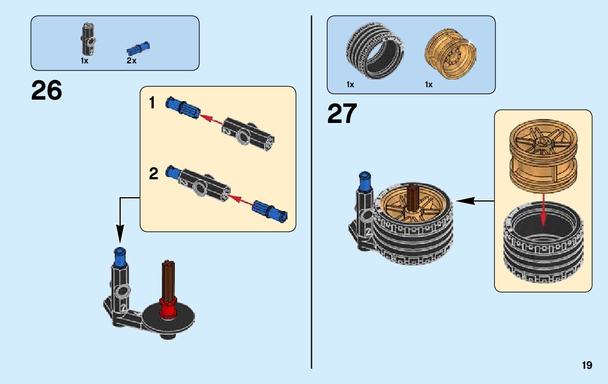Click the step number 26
point(47,91)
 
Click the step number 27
point(342,114)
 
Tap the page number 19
point(587,366)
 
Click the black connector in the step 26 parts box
point(88,39)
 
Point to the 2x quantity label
point(132,61)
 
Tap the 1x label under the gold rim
point(429,84)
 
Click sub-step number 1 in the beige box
point(153,102)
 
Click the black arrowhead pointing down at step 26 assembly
point(120,235)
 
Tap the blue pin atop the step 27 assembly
point(364,183)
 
